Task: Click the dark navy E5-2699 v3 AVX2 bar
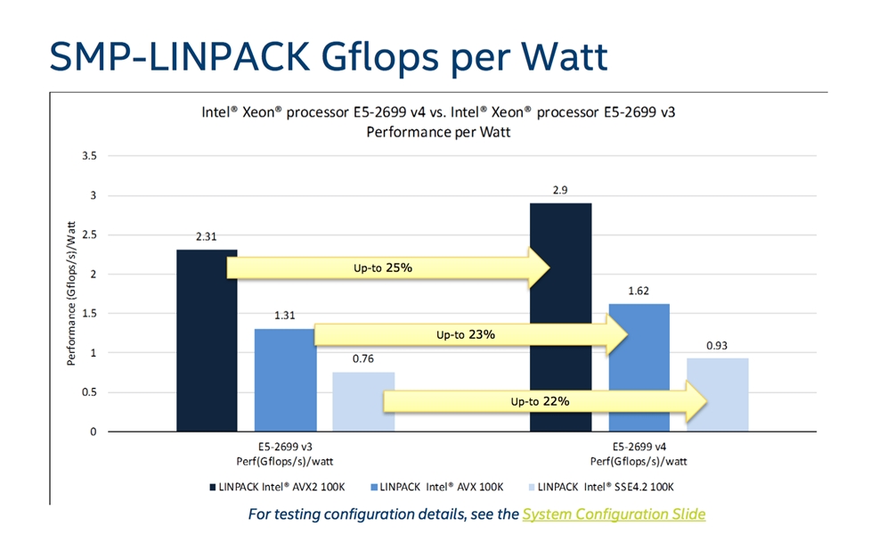(x=207, y=341)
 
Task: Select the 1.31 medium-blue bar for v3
(x=285, y=380)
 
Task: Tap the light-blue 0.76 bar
(x=363, y=401)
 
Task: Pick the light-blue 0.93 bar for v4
(x=718, y=395)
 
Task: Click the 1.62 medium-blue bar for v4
(x=639, y=367)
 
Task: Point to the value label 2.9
(x=560, y=190)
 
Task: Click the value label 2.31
(x=207, y=236)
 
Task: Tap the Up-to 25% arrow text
(x=383, y=267)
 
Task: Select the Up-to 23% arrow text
(x=466, y=334)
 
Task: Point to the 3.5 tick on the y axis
(x=89, y=156)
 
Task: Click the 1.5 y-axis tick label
(x=89, y=313)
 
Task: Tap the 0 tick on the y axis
(x=94, y=432)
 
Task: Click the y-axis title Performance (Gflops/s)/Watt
(x=71, y=293)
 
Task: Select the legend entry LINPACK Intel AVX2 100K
(x=277, y=487)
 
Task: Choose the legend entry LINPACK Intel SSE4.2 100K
(x=601, y=487)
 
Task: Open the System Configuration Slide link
(x=614, y=514)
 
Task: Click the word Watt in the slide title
(x=564, y=56)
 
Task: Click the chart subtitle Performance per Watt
(x=438, y=133)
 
